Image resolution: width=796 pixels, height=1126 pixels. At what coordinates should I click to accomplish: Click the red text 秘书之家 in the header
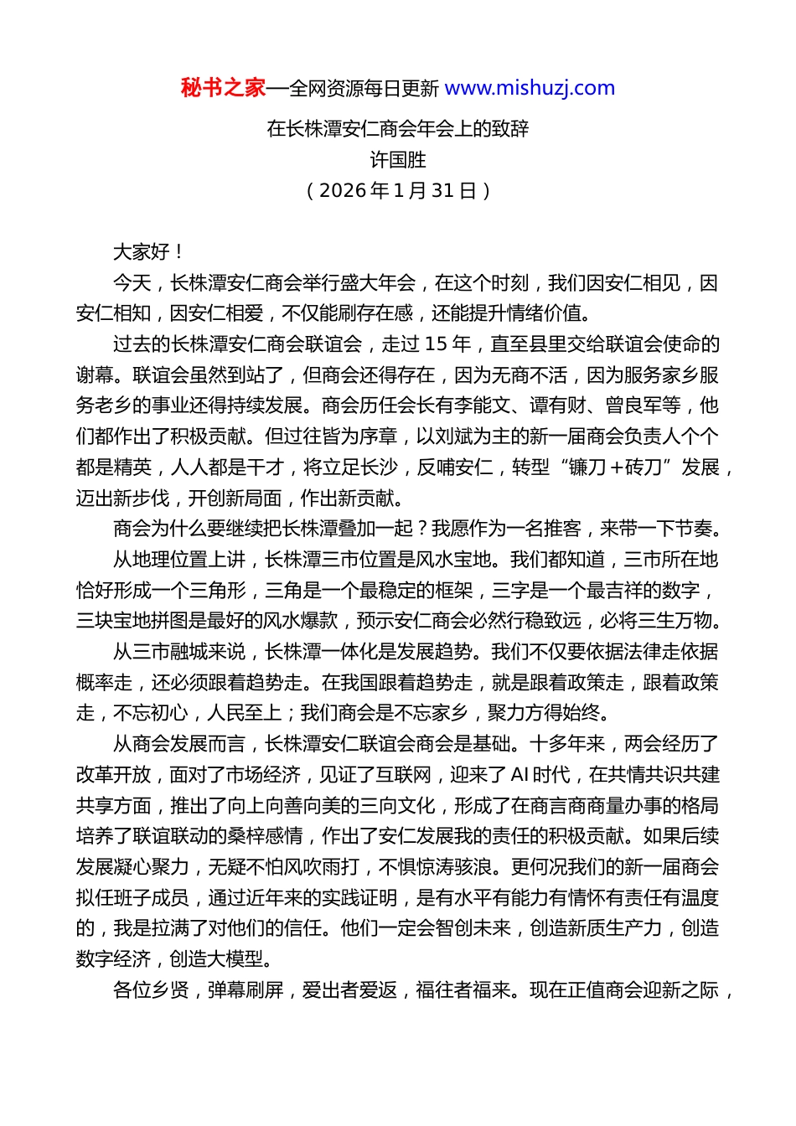coord(223,88)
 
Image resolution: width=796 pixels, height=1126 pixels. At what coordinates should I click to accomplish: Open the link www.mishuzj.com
coord(530,88)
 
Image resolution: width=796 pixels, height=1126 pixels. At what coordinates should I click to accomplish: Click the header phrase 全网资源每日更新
coord(364,88)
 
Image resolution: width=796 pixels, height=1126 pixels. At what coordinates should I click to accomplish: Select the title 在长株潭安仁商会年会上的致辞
coord(398,129)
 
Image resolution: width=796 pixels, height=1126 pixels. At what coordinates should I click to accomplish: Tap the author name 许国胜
coord(398,160)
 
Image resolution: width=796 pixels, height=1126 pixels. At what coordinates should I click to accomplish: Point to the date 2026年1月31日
coord(398,191)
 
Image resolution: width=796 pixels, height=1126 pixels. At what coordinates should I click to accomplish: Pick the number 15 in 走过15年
coord(436,344)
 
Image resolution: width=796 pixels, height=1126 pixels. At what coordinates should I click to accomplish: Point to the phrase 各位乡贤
coord(151,990)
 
